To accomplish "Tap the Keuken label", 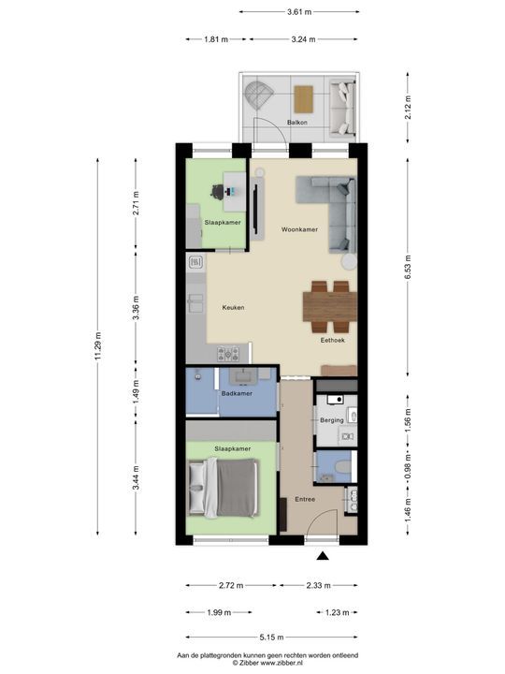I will (x=233, y=308).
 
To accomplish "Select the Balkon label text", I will (x=297, y=122).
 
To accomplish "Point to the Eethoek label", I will (x=332, y=341).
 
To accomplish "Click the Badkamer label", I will (x=236, y=393).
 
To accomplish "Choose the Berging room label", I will (x=331, y=420).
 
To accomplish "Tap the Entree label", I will (x=305, y=500).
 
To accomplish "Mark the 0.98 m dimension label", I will (x=408, y=475).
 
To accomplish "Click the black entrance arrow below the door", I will (x=323, y=558).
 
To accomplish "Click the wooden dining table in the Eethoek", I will (x=329, y=305).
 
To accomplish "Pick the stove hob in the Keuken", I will (x=229, y=353).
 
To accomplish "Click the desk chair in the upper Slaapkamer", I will (x=218, y=191).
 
